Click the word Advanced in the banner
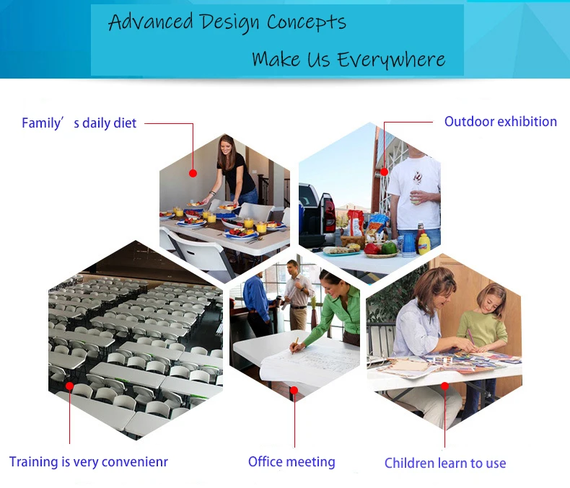pos(151,22)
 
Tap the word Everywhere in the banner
pos(391,60)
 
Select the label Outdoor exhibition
pos(500,122)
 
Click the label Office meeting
pos(291,462)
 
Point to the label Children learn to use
pos(445,463)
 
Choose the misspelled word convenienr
pos(134,462)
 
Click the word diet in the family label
pos(124,123)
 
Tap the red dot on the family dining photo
pos(193,173)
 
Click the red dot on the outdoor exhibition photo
pos(385,172)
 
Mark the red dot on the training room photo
pos(69,386)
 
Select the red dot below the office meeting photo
pos(294,390)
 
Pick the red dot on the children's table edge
pos(444,386)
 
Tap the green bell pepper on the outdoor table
pos(389,247)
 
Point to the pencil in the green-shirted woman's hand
pos(295,345)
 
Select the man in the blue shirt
pos(257,305)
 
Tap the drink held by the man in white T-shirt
pos(415,198)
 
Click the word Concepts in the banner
pos(307,22)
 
